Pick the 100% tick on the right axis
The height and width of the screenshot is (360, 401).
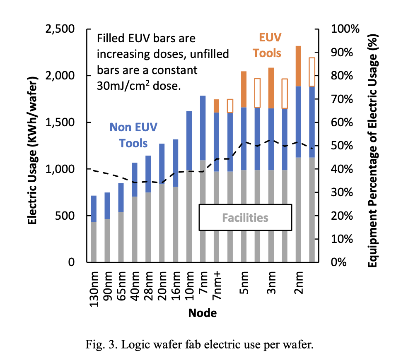click(x=343, y=29)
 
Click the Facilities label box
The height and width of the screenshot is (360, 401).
click(x=245, y=217)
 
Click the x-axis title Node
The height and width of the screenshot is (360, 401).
click(x=202, y=313)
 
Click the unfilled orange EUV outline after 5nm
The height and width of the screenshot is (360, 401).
click(x=257, y=93)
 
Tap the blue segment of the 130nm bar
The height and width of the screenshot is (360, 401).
click(x=94, y=209)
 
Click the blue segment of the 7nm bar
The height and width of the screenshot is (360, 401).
click(x=203, y=128)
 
